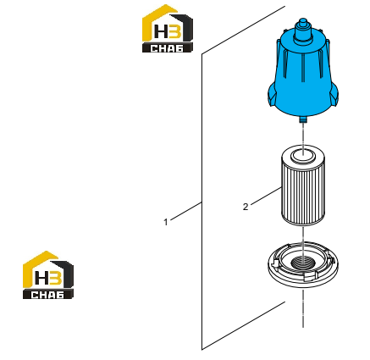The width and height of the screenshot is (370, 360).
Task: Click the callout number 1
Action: tap(166, 222)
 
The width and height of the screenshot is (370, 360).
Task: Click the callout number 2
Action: tap(246, 207)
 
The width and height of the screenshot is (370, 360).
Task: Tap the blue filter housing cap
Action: tap(303, 70)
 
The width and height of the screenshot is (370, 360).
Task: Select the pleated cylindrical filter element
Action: tap(302, 186)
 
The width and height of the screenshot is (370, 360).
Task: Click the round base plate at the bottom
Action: tap(303, 265)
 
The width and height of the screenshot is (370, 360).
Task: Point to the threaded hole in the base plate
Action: tap(302, 263)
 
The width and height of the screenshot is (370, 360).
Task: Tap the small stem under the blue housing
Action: tap(303, 119)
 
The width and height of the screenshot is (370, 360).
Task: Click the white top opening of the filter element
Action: tap(302, 155)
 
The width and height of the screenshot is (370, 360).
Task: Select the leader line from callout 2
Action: tap(266, 196)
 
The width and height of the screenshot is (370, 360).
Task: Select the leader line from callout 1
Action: tap(186, 211)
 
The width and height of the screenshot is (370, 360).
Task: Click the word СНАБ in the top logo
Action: tap(167, 48)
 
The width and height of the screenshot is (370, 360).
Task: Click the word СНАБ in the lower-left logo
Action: tap(47, 295)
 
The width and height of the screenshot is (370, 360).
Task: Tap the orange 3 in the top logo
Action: tap(174, 30)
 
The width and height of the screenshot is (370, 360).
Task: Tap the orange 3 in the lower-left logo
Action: tap(56, 277)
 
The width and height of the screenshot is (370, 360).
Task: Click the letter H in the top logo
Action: tap(161, 31)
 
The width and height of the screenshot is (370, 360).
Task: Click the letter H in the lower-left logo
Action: tap(41, 278)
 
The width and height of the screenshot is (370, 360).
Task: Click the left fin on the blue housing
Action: tap(272, 97)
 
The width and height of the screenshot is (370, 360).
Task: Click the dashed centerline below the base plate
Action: tap(303, 308)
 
